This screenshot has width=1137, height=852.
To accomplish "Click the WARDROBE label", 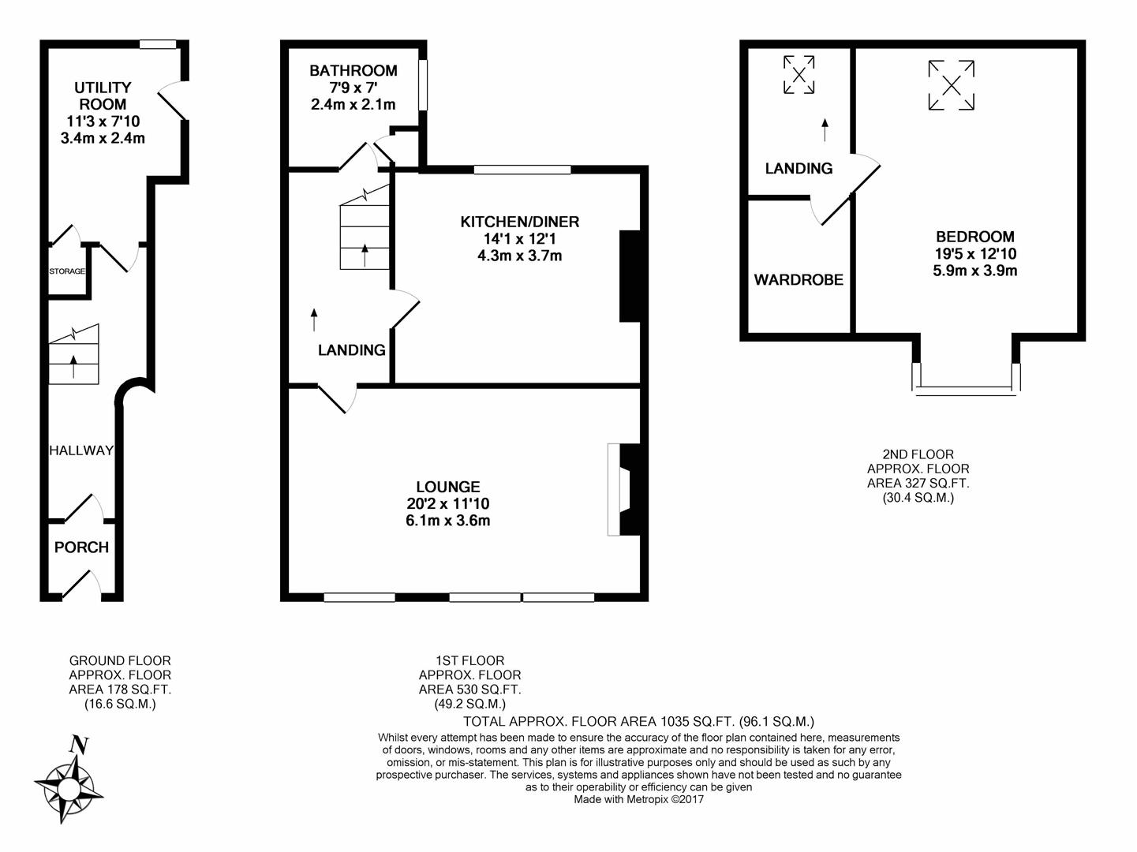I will click(799, 279).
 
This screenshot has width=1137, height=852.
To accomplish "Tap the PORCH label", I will click(81, 547).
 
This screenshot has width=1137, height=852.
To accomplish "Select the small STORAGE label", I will click(67, 271).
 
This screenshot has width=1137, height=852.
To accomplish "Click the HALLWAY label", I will click(81, 450).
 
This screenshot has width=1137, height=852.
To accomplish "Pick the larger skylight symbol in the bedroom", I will click(952, 84).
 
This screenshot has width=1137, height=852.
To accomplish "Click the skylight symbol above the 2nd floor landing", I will click(799, 75).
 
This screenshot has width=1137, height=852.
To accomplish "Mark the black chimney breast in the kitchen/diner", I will click(630, 276).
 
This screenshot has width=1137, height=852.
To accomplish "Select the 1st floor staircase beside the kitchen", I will click(365, 229).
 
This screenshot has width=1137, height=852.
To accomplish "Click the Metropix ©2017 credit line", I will click(638, 799).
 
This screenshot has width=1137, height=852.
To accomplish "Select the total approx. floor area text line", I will click(638, 721).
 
